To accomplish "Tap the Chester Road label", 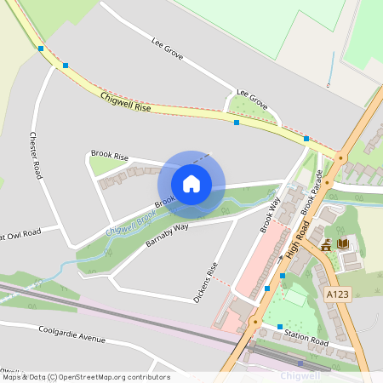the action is [35, 154].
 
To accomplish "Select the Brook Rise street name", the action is [109, 157].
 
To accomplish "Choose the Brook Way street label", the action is [270, 214].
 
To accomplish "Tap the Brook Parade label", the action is [312, 191].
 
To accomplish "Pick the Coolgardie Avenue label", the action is [71, 333].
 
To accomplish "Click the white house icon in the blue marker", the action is [191, 183].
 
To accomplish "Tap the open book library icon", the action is [343, 244].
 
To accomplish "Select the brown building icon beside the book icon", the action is [326, 246].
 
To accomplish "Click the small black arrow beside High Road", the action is [280, 256].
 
